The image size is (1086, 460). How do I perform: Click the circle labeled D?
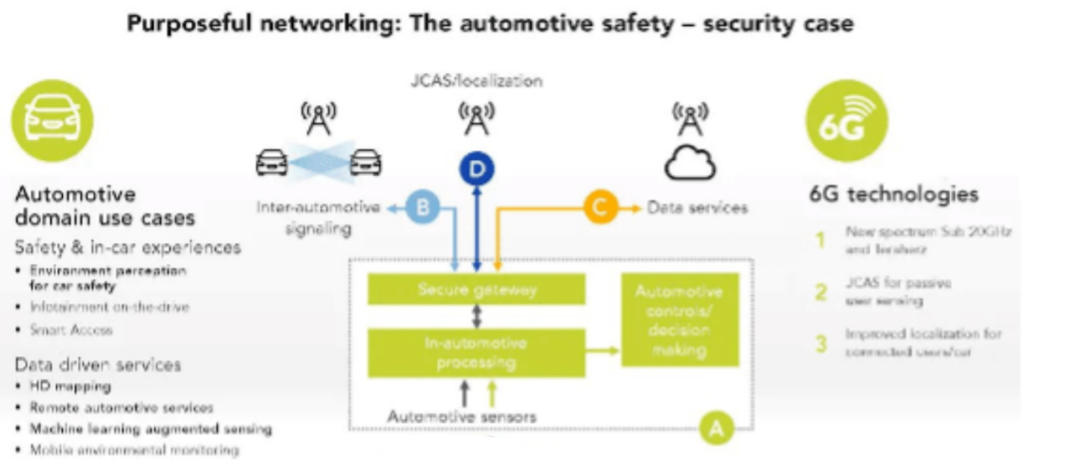point(478,170)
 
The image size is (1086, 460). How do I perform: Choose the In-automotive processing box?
point(477,351)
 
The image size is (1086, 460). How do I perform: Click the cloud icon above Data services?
point(690,165)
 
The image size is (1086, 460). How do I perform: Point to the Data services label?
point(698,208)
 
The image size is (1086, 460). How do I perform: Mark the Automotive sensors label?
point(462,416)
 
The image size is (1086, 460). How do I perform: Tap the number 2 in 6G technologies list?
point(819,292)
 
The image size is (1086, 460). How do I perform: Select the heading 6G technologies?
point(893,194)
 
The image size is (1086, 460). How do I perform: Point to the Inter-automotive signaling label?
point(318,218)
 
